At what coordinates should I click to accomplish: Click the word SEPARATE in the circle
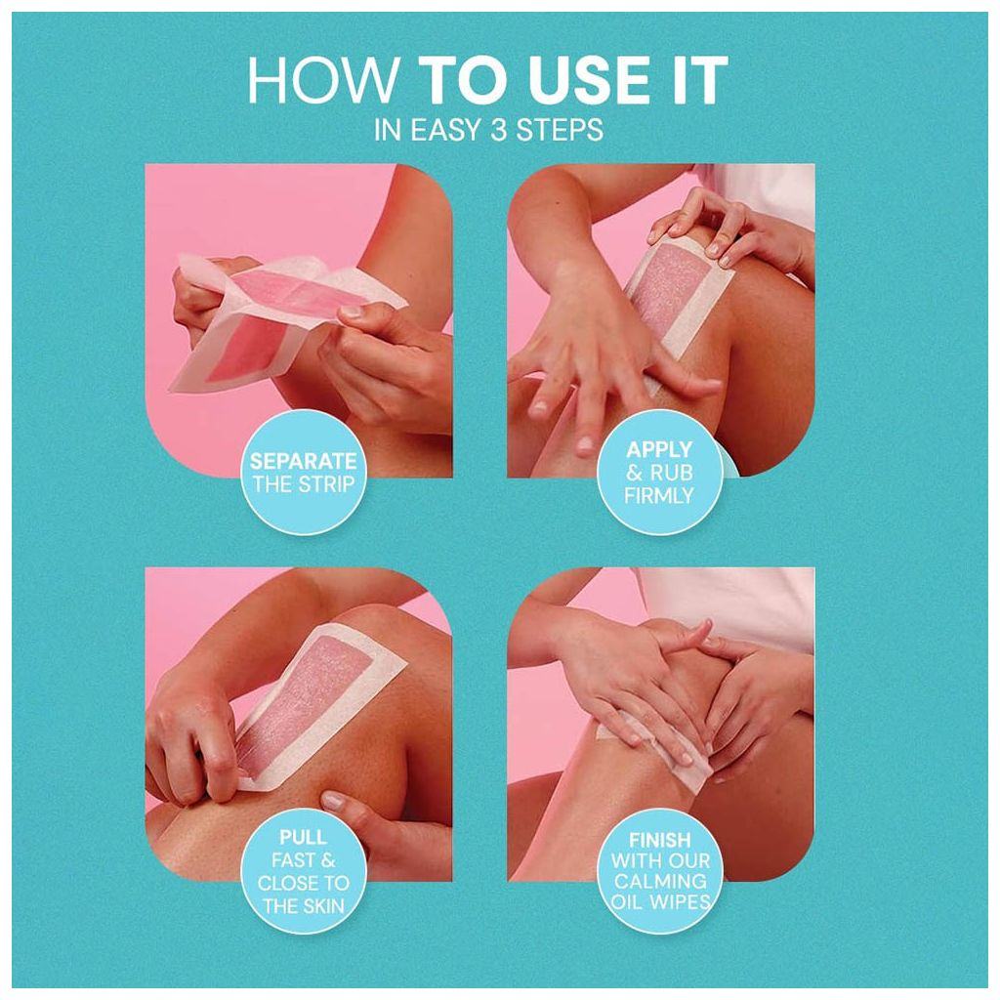pyautogui.click(x=303, y=462)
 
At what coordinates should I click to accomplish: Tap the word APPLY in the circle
pyautogui.click(x=659, y=450)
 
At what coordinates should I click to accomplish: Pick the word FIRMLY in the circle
pyautogui.click(x=659, y=495)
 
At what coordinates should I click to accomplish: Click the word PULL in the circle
pyautogui.click(x=303, y=838)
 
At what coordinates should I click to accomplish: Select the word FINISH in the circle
pyautogui.click(x=659, y=839)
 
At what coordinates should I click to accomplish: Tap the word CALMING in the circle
pyautogui.click(x=659, y=882)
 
